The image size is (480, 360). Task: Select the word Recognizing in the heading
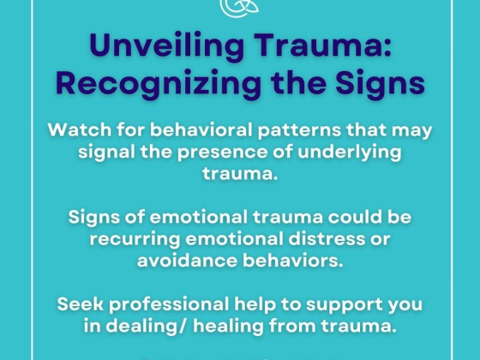159,83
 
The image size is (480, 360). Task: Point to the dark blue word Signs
380,83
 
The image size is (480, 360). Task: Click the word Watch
80,129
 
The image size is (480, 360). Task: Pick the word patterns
299,130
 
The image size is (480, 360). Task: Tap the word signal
106,153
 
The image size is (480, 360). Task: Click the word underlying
350,153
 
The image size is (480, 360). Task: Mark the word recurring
135,239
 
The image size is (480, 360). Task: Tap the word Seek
81,304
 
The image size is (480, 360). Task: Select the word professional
169,305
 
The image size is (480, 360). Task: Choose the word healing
228,327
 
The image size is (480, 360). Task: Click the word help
255,305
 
